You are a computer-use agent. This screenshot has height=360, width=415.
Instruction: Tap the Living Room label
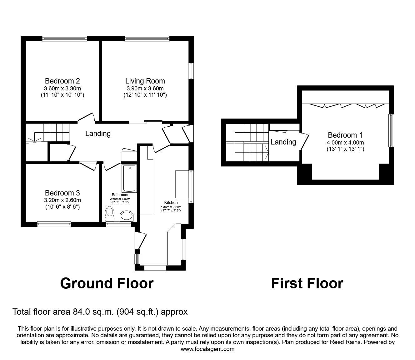pos(145,81)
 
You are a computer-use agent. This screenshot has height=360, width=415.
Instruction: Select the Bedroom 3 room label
pos(62,193)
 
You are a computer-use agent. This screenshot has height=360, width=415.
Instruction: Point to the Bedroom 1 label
pos(345,135)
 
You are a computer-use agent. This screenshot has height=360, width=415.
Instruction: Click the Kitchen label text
pos(171,203)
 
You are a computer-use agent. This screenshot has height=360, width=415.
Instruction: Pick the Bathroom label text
pos(120,195)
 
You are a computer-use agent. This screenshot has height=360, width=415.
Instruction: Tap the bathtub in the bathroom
pos(129,179)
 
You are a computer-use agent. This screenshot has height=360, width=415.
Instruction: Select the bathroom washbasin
pos(127,216)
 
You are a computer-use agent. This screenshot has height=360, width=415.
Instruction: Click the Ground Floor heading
pos(107,283)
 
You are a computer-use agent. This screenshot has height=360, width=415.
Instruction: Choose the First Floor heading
pos(307,283)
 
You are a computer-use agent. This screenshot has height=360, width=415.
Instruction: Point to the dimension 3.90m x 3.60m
pos(145,89)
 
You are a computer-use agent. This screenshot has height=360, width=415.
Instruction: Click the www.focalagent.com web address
pos(207,349)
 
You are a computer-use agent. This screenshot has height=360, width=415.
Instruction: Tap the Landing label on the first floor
pos(283,142)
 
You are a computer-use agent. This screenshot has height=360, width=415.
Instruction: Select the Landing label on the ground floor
pos(98,134)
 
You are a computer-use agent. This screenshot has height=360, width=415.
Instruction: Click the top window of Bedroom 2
pos(65,38)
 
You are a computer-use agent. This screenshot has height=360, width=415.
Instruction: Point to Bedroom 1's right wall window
pos(391,130)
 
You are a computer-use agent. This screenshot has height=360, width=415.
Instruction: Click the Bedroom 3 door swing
pos(88,166)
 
